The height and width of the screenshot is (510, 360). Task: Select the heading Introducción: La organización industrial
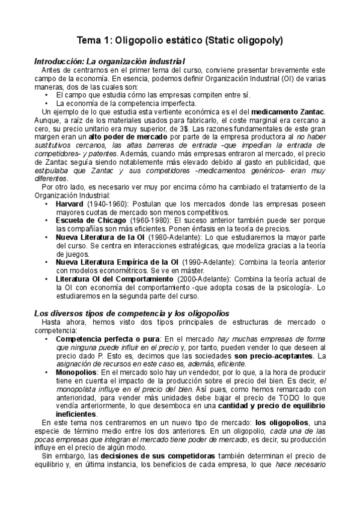109,61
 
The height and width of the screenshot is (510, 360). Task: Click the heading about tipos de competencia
130,313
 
